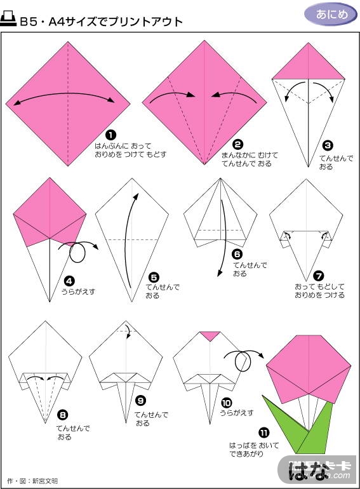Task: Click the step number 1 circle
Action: point(111,135)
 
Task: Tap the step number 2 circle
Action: point(237,144)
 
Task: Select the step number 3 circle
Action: point(328,145)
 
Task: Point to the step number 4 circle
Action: point(69,281)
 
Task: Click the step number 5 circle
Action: point(154,278)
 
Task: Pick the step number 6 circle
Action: point(237,254)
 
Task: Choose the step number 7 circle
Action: point(319,276)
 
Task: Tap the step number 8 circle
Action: point(63,415)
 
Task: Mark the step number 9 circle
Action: point(140,401)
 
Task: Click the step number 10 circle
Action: point(226,403)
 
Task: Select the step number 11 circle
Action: point(263,433)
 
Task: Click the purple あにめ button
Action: point(331,15)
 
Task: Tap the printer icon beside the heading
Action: point(8,19)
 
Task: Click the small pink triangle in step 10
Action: point(210,336)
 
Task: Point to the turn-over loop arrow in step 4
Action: point(77,253)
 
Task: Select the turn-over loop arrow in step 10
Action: point(243,362)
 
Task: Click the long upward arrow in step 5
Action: point(126,240)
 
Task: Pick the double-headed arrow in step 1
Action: point(64,93)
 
